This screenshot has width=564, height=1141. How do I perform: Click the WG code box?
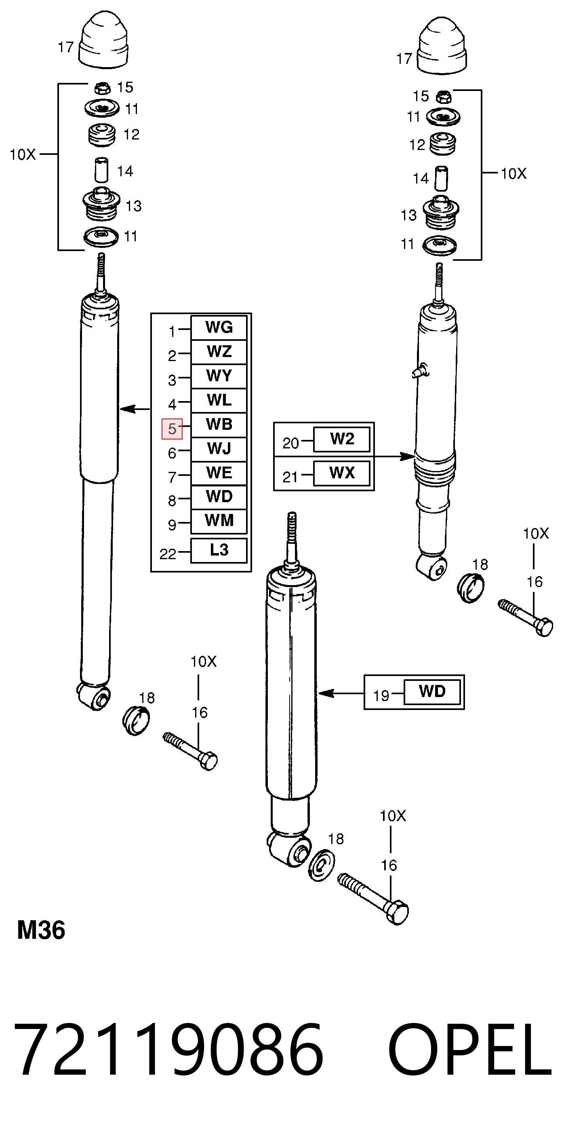tap(219, 328)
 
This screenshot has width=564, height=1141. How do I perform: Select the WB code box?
tap(219, 425)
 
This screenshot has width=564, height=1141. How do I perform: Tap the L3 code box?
tap(219, 550)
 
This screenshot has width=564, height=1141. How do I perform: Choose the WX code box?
tap(342, 473)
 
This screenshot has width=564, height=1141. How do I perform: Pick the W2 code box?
tap(342, 439)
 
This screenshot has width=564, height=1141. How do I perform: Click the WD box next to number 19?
tap(432, 691)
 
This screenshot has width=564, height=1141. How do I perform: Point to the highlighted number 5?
tap(172, 429)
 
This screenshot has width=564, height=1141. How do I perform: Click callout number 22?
tap(168, 554)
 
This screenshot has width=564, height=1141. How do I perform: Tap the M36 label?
tap(41, 930)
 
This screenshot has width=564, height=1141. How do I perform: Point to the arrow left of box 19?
tap(341, 693)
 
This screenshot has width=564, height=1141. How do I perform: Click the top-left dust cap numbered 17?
tap(103, 40)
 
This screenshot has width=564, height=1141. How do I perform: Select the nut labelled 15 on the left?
tap(102, 88)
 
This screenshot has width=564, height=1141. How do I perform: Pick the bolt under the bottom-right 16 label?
tap(373, 899)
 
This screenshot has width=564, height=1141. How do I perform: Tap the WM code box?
tap(219, 521)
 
